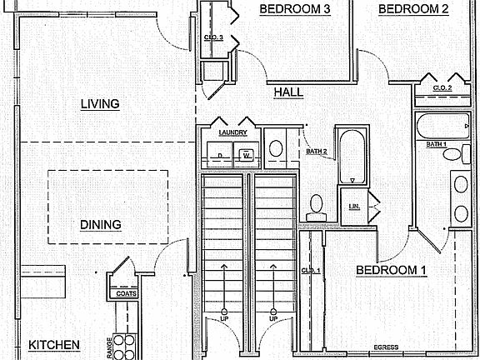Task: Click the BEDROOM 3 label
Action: (x=295, y=9)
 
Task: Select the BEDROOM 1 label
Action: (x=391, y=270)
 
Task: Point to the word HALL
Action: (x=288, y=92)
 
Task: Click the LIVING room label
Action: (x=100, y=104)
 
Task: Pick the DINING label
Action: (x=101, y=224)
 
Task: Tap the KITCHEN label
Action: (x=54, y=345)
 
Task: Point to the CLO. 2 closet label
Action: (x=442, y=87)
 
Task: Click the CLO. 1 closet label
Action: (x=310, y=271)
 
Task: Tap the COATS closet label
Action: (x=127, y=293)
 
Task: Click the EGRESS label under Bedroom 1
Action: (x=385, y=347)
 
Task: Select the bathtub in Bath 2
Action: (x=352, y=155)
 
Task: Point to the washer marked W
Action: (x=247, y=156)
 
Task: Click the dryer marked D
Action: (x=219, y=156)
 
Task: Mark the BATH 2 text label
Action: (x=316, y=152)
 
